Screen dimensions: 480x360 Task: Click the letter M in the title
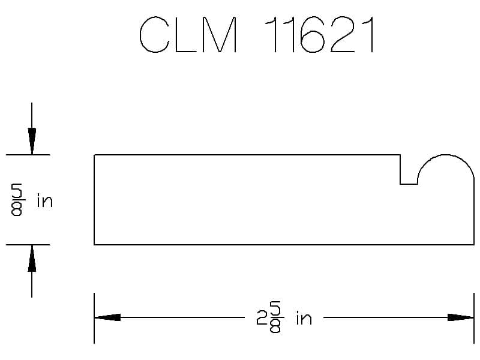coord(220,34)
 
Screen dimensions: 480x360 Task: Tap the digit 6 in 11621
coord(312,34)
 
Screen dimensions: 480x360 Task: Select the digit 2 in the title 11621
coord(343,34)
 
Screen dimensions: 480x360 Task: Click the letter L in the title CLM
coord(186,34)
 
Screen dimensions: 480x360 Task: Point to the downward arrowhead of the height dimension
coord(32,141)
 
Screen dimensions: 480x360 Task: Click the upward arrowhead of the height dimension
coord(32,259)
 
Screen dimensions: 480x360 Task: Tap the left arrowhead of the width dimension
coord(107,317)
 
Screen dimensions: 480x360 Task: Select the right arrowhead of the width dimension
coord(461,317)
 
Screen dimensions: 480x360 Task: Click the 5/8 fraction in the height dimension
coord(17,200)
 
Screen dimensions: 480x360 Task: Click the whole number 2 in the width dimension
coord(262,318)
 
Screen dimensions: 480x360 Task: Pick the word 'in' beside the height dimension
coord(44,200)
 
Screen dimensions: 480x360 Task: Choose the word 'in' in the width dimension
coord(304,318)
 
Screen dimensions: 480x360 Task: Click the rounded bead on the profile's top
coord(446,155)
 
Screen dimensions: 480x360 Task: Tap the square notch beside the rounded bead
coord(409,184)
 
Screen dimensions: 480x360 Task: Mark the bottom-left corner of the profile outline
coord(94,245)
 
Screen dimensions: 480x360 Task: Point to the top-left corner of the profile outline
coord(94,155)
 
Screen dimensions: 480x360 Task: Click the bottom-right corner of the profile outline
coord(474,245)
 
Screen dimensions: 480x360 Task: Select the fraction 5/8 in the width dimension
coord(275,317)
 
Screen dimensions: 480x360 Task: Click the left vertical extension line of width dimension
coord(94,319)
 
